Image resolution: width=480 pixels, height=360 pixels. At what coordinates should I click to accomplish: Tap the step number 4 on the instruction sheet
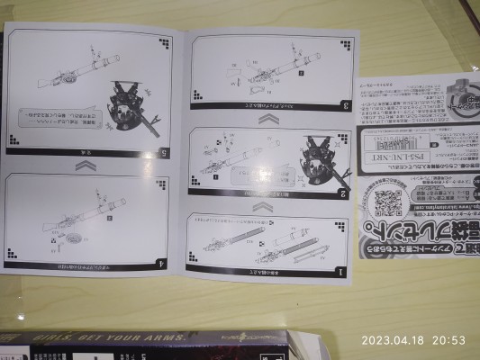tap(160, 264)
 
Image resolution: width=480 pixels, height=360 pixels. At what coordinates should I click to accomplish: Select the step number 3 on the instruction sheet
tap(345, 105)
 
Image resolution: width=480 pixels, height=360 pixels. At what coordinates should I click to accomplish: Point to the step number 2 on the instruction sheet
tap(343, 193)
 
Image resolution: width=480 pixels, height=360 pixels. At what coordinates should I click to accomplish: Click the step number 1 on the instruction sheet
tap(340, 271)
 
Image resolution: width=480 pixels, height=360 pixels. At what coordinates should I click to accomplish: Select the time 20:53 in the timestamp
tap(448, 340)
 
